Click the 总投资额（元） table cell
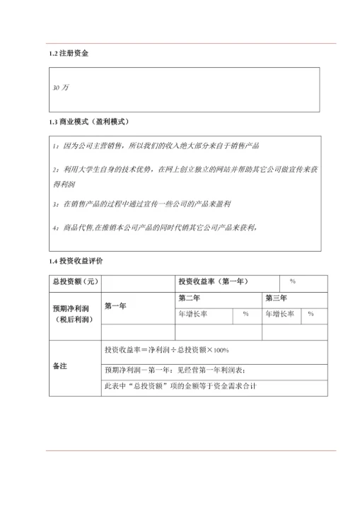(x=75, y=282)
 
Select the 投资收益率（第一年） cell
(x=213, y=282)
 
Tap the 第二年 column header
(x=190, y=298)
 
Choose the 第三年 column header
(x=276, y=298)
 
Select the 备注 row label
(x=60, y=368)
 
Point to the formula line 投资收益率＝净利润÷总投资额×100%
(x=166, y=350)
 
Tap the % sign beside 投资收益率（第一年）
(x=292, y=282)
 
